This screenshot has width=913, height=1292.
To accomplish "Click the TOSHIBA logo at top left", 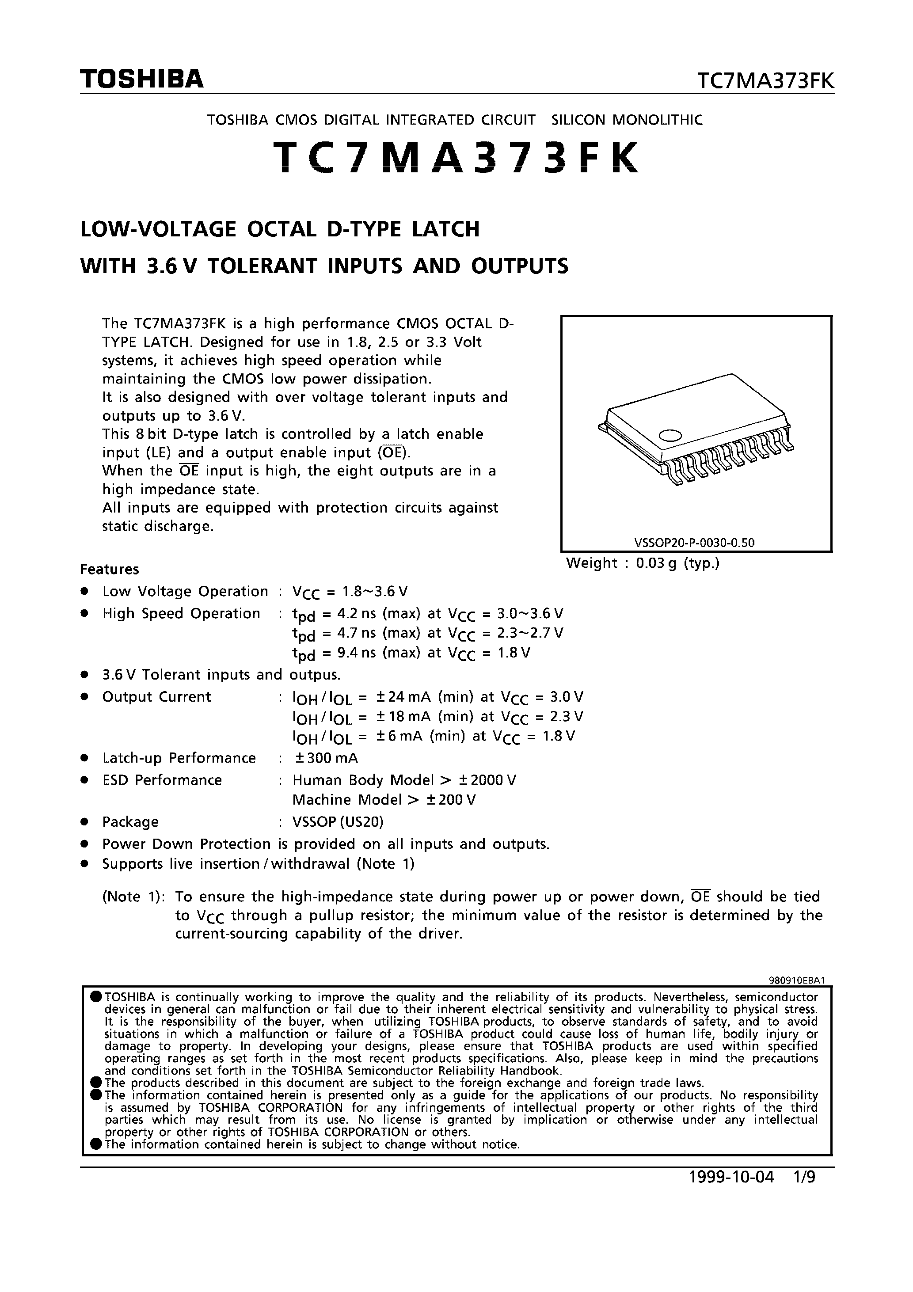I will pos(141,80).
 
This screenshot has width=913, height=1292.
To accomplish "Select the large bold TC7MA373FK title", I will pos(456,158).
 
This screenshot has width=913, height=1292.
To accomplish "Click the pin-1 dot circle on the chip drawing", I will pos(670,434).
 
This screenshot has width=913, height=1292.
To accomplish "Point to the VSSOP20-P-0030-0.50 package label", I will pos(694,543).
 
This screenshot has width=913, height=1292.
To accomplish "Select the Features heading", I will pos(109,570).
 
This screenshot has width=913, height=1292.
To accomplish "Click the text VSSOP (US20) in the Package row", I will pos(338,822).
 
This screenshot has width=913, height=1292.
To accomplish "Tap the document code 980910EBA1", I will pos(796,980).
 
